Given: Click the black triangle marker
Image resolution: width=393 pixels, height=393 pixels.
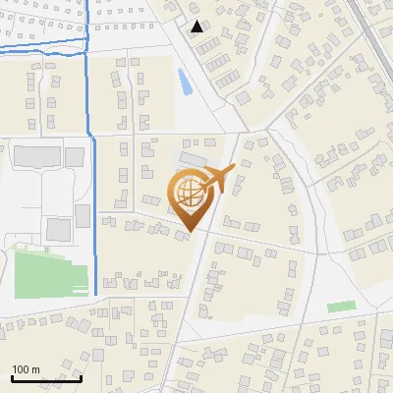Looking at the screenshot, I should [x=197, y=27].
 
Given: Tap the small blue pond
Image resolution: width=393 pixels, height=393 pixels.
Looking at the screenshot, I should [x=185, y=83].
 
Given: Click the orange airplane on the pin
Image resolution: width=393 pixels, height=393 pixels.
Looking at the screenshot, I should [x=221, y=180].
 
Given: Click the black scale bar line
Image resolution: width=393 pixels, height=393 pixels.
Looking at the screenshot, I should [x=45, y=379].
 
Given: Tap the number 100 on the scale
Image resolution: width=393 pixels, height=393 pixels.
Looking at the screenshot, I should [x=22, y=370].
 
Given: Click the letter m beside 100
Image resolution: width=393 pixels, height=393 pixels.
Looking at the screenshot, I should [x=35, y=370].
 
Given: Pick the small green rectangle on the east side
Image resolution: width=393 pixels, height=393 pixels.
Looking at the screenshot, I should [x=341, y=307].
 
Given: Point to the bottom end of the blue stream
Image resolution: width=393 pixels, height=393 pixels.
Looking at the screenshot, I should [x=95, y=294].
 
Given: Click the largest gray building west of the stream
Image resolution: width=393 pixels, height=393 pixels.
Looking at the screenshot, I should [x=35, y=156].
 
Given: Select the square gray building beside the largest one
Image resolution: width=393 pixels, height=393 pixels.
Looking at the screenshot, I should [x=75, y=156].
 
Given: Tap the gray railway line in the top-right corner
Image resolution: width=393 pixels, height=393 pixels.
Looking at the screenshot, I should [x=377, y=29].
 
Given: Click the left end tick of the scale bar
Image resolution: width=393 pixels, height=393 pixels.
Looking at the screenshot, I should [x=11, y=377].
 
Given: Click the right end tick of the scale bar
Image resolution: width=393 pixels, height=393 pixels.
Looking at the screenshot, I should [x=81, y=377].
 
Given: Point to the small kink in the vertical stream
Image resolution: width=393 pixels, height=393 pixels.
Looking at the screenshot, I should [x=90, y=138].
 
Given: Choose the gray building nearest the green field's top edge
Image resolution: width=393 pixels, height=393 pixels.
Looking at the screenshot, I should [x=59, y=229].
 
